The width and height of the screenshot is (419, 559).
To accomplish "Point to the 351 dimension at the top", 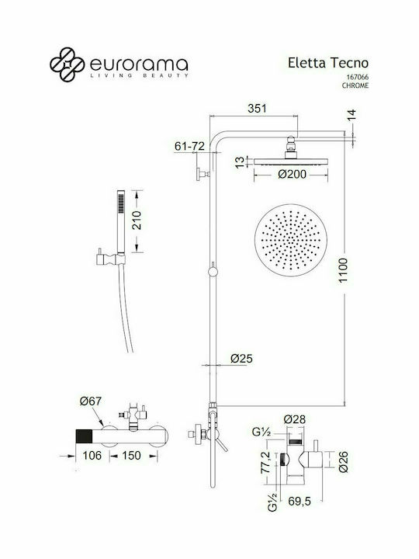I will [257, 109].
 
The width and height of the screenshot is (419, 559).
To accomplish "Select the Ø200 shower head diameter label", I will [291, 175].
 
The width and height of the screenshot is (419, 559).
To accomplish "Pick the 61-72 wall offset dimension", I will [190, 145].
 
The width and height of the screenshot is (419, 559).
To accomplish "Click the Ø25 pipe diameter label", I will [241, 359].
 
